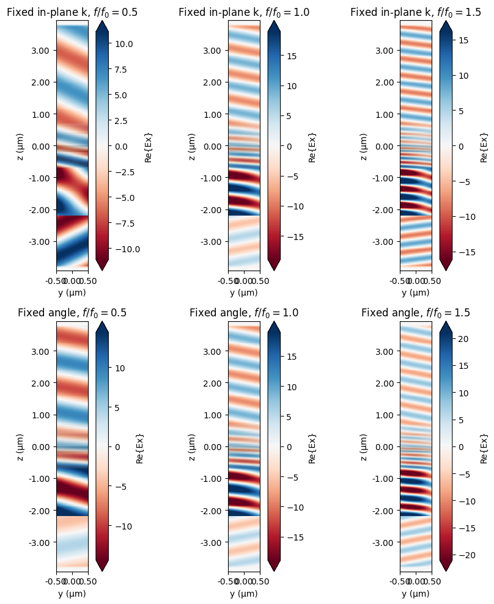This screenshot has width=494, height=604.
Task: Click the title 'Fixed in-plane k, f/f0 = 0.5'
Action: tap(72, 12)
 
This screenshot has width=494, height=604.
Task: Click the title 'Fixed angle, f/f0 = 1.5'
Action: tap(416, 313)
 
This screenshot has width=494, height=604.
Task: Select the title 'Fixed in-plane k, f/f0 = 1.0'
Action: tap(244, 12)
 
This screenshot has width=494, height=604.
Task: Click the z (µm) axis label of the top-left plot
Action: tap(21, 145)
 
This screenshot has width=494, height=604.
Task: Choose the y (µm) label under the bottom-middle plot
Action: tap(244, 594)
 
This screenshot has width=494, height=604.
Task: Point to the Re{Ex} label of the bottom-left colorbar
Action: tap(140, 446)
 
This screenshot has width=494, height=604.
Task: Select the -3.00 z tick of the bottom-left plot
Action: tap(39, 542)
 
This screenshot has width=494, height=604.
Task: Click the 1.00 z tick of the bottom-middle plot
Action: tap(212, 415)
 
